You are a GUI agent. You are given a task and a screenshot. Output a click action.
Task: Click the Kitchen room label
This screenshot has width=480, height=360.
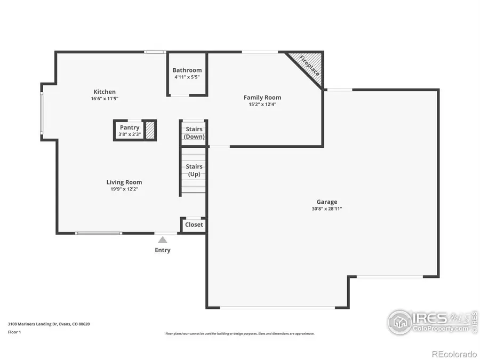105,92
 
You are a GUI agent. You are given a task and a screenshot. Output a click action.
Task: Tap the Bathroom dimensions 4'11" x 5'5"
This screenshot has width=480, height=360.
187,77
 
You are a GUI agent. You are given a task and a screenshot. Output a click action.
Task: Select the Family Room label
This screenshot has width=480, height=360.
262,97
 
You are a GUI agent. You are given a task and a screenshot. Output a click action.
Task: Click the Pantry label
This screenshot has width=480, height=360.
130,127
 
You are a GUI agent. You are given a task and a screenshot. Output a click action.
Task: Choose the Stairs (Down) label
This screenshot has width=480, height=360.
194,133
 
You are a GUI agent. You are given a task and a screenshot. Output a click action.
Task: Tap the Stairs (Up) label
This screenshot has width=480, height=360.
194,170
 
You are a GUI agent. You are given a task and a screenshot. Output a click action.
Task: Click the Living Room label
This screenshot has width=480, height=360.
124,182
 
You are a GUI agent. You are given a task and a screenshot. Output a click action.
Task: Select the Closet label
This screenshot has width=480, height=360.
194,225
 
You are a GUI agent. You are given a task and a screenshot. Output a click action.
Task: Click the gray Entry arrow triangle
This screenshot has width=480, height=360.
163,240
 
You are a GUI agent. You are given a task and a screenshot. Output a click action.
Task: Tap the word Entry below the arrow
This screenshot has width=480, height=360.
163,250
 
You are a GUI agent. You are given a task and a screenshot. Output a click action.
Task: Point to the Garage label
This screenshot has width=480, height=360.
326,202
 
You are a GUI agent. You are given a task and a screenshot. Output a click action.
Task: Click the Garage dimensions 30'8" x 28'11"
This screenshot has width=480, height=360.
326,209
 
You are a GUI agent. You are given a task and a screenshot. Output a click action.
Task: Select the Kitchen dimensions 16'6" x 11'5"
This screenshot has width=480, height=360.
105,99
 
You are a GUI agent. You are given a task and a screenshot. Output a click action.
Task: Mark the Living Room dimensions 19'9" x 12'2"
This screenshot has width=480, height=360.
124,189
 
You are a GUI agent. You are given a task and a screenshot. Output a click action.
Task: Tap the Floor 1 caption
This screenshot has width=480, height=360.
14,332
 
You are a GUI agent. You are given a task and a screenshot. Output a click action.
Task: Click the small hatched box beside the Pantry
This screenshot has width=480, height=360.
150,130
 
